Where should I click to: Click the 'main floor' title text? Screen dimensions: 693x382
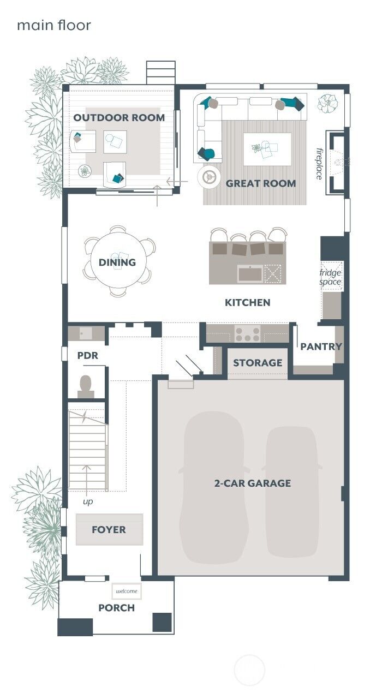[53, 25]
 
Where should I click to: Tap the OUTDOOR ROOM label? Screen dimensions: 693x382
[119, 117]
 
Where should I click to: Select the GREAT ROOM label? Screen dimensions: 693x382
[261, 183]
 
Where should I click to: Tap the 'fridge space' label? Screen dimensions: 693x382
[331, 277]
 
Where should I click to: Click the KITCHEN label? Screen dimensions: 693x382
[247, 302]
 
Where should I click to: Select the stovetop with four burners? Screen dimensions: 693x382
[247, 333]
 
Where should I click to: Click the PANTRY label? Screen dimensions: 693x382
[321, 346]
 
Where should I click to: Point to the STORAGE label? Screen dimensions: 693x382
[258, 363]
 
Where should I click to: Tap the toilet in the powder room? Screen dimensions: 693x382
[86, 385]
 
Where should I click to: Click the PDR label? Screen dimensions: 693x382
[87, 355]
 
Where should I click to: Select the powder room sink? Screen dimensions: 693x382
[86, 333]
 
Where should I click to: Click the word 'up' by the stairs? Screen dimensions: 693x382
[88, 501]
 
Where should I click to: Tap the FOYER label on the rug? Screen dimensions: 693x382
[109, 529]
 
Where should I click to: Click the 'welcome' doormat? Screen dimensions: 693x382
[127, 591]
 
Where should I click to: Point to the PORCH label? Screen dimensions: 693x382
[116, 608]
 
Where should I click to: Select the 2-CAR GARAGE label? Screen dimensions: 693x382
[252, 483]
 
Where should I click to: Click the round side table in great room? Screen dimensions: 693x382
[208, 176]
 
